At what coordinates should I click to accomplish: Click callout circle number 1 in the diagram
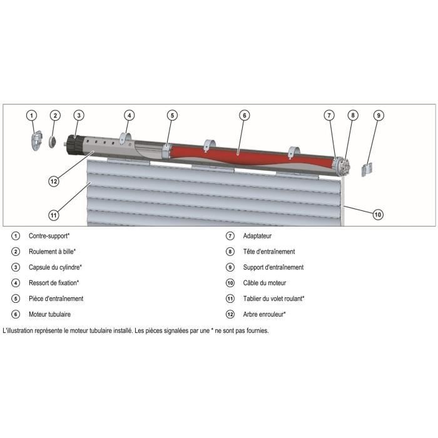pos(32,115)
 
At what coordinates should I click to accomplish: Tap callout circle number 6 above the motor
pos(244,115)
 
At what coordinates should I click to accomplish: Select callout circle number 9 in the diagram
pos(378,115)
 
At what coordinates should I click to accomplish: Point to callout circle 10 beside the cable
pos(377,214)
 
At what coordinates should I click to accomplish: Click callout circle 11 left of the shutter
pos(54,215)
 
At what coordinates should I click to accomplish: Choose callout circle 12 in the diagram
pos(54,181)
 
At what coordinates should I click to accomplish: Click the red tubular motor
pos(250,154)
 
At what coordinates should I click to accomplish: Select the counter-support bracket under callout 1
pos(35,140)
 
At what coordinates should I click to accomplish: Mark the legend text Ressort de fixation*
pos(54,283)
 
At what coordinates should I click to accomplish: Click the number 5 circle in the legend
pos(15,298)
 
